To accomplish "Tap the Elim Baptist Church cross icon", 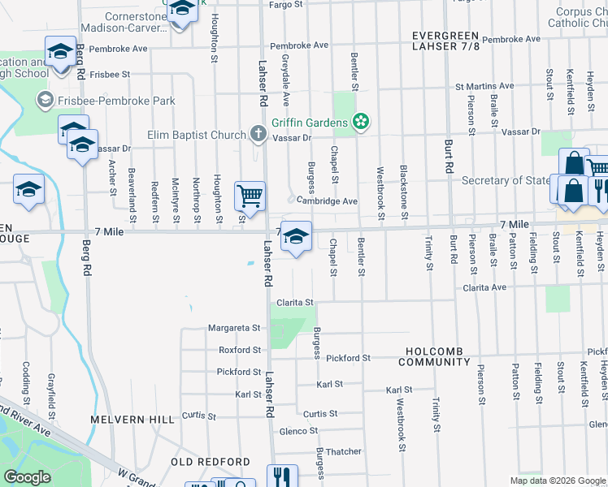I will (258, 134).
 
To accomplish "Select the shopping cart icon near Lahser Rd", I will (250, 195).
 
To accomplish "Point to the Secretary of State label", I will (505, 181).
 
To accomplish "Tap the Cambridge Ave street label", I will (327, 201).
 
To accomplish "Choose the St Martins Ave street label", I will (484, 85).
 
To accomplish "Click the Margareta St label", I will (233, 329).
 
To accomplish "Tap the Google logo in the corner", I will (27, 477).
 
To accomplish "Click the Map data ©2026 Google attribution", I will (557, 481).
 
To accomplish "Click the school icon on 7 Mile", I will (296, 236).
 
